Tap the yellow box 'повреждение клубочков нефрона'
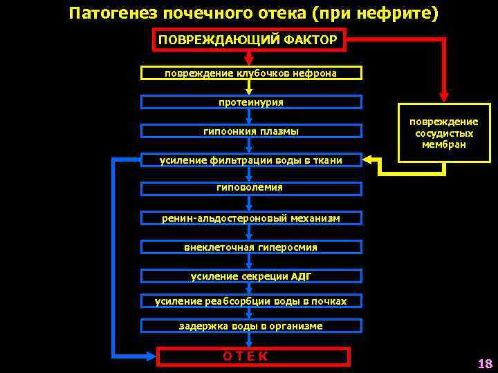[x=251, y=73]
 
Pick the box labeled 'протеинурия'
[x=251, y=102]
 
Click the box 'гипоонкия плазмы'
[x=251, y=131]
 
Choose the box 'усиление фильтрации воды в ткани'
[x=251, y=160]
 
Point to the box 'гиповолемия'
[x=250, y=188]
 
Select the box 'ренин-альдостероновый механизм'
[x=251, y=218]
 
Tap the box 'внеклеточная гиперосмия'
[x=251, y=247]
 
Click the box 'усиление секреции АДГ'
[x=251, y=276]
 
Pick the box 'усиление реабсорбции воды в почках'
[x=251, y=301]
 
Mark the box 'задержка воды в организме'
[x=251, y=326]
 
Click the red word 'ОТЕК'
[x=246, y=356]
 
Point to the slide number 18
[x=484, y=363]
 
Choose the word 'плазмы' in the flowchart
[x=282, y=131]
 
